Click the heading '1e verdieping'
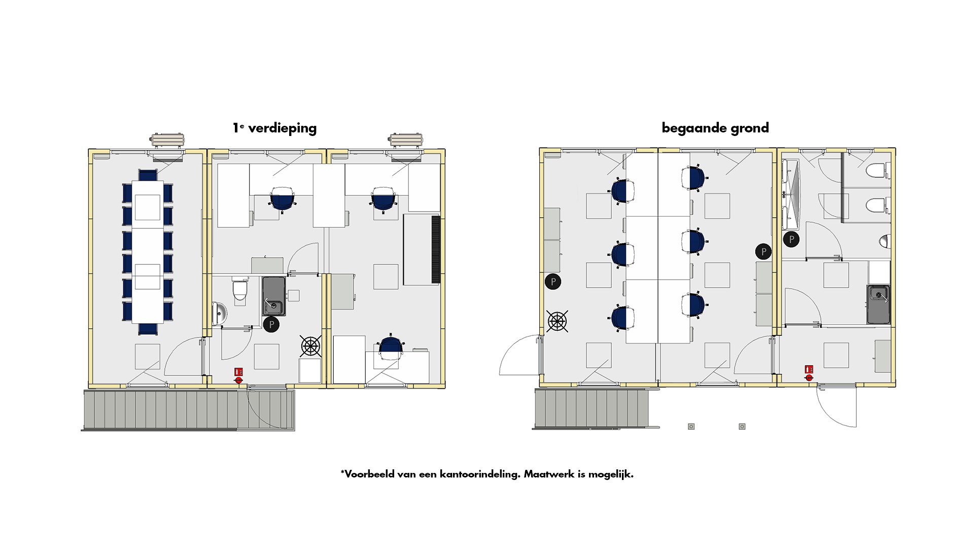tap(274, 128)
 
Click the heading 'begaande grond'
tap(715, 128)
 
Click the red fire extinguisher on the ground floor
tap(809, 373)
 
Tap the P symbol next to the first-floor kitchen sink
tap(271, 324)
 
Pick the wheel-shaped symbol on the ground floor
tap(557, 321)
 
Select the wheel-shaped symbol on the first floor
tap(310, 346)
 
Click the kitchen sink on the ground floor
tap(878, 304)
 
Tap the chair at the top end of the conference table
tap(148, 175)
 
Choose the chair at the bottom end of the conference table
tap(148, 329)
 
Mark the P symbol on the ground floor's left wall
tap(553, 281)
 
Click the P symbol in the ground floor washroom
tap(791, 239)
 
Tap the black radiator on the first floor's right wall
tap(435, 249)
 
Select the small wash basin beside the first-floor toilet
tap(219, 313)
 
